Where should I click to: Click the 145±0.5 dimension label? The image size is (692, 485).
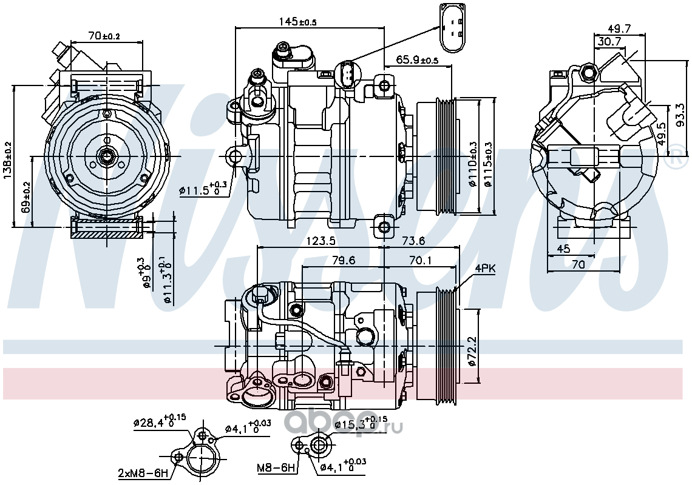click(297, 21)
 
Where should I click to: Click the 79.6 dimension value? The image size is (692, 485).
click(344, 261)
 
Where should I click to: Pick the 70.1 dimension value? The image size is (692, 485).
click(420, 261)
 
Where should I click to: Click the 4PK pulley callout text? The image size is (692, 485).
click(485, 269)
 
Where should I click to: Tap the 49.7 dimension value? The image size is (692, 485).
click(619, 28)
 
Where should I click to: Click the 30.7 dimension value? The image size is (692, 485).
click(609, 41)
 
